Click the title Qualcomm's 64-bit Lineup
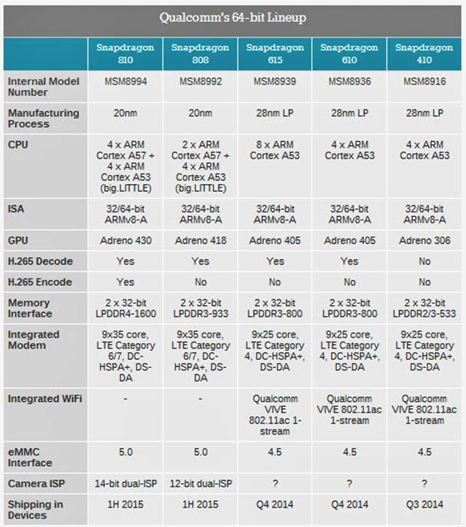(233, 18)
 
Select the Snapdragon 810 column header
(125, 54)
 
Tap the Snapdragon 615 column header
(275, 54)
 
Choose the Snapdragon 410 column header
(424, 54)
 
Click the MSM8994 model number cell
(125, 81)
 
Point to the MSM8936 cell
(349, 81)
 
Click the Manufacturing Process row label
(43, 118)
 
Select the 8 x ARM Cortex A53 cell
(275, 150)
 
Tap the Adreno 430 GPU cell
(125, 240)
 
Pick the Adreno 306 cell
(424, 240)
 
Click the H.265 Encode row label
(40, 282)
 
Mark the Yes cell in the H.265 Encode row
(125, 282)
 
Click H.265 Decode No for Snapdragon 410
(424, 261)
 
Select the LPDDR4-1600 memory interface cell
(125, 308)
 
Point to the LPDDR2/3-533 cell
(424, 308)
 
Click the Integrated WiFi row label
(45, 399)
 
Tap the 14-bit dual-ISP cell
(125, 484)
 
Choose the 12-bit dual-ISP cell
(200, 484)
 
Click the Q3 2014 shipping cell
(424, 504)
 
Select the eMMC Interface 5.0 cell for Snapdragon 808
(200, 452)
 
